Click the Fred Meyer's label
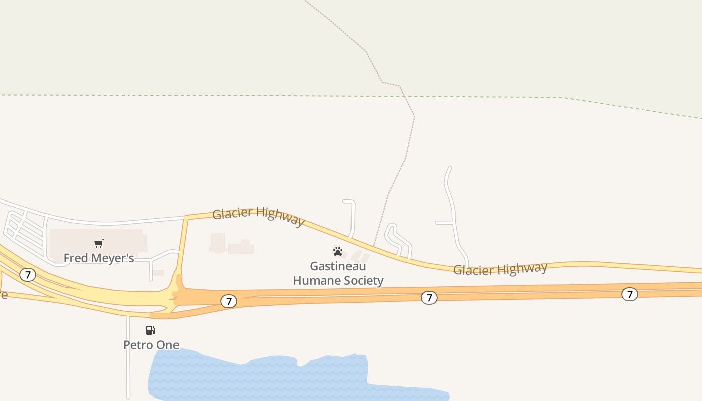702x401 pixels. click(x=99, y=258)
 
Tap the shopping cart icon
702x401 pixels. click(x=99, y=244)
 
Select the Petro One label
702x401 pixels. click(x=151, y=345)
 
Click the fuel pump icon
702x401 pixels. click(x=150, y=330)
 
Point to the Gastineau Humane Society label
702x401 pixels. click(x=338, y=273)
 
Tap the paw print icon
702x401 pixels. click(x=338, y=251)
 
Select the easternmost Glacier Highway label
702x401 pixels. click(x=500, y=269)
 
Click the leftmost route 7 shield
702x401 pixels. click(x=28, y=275)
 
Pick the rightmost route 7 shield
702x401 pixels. click(x=630, y=294)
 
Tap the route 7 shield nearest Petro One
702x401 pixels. click(x=229, y=301)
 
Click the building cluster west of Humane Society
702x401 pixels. click(x=231, y=245)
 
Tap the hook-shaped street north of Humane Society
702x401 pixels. click(x=353, y=216)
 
